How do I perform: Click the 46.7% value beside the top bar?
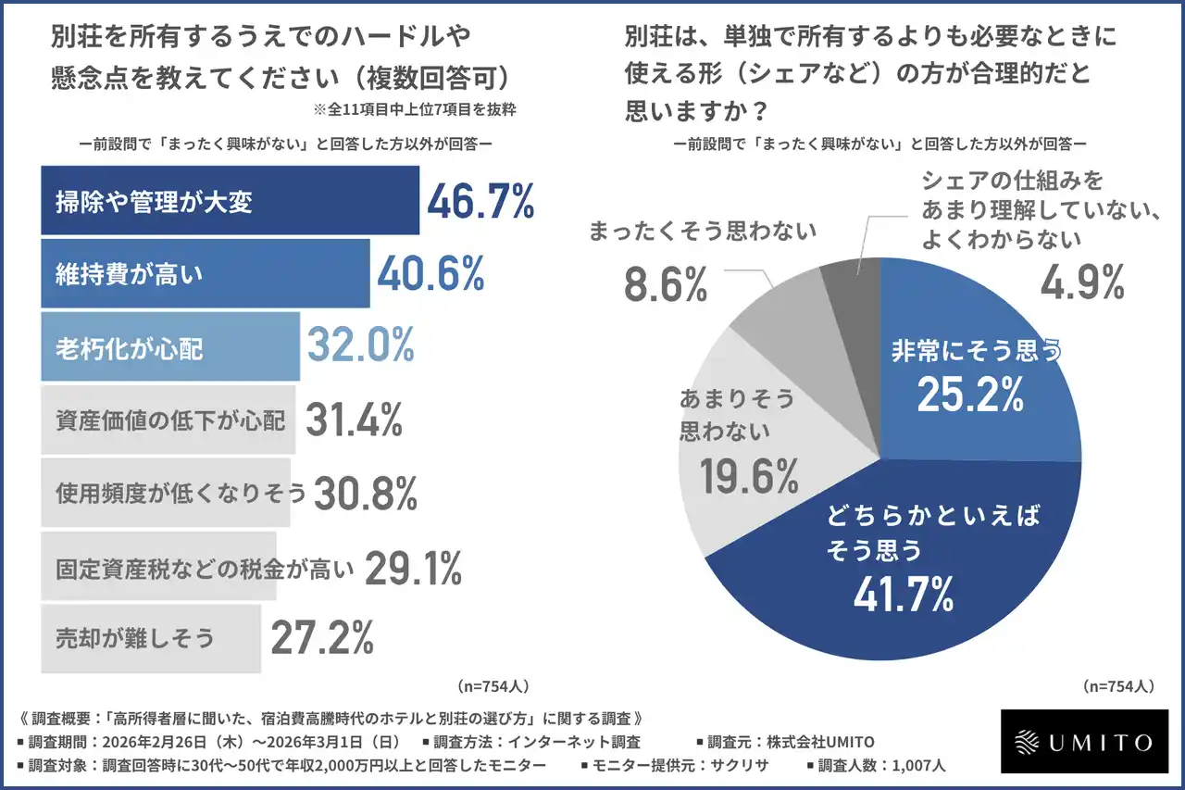click(x=480, y=201)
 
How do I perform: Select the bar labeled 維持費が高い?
click(x=205, y=273)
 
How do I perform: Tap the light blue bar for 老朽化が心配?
click(x=169, y=346)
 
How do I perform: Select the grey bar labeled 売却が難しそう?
click(x=151, y=638)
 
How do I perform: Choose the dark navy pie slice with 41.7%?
click(x=889, y=574)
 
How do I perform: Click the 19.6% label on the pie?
click(x=749, y=476)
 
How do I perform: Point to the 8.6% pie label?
click(x=666, y=284)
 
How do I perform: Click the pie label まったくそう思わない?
click(x=703, y=232)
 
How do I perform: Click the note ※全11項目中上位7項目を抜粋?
click(x=414, y=108)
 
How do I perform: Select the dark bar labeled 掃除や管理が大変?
click(x=230, y=200)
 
